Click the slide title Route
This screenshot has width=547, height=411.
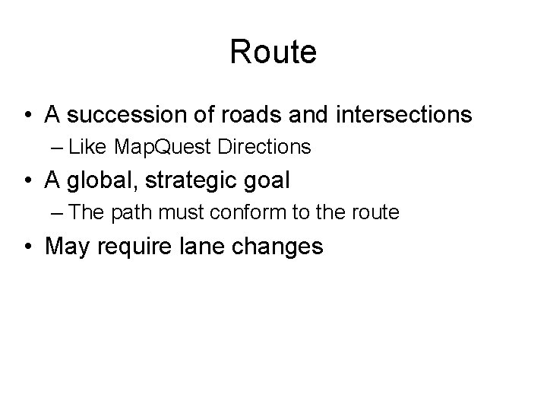coord(273,53)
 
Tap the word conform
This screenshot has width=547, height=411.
coord(253,213)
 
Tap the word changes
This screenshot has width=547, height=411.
coord(277,247)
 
